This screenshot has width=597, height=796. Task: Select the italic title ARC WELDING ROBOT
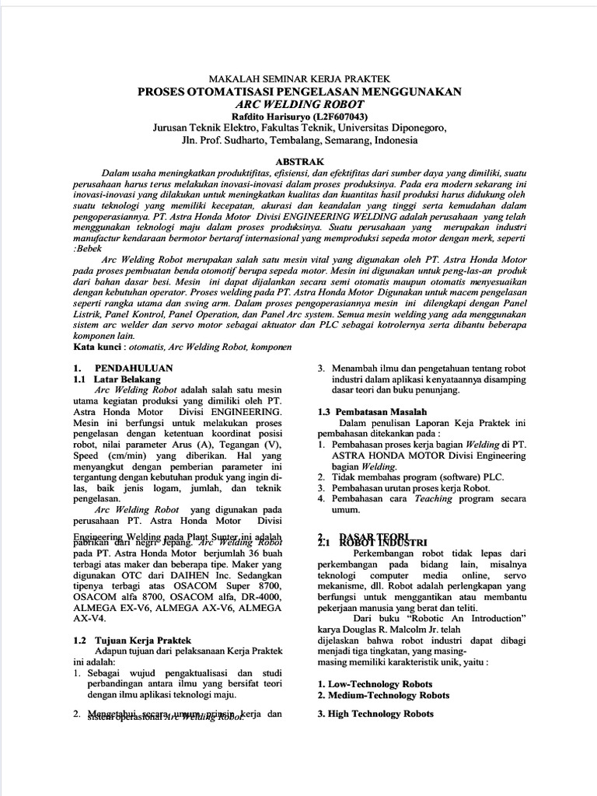[299, 103]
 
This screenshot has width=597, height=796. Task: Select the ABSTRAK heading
[299, 159]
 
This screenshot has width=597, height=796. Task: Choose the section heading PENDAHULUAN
[134, 368]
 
